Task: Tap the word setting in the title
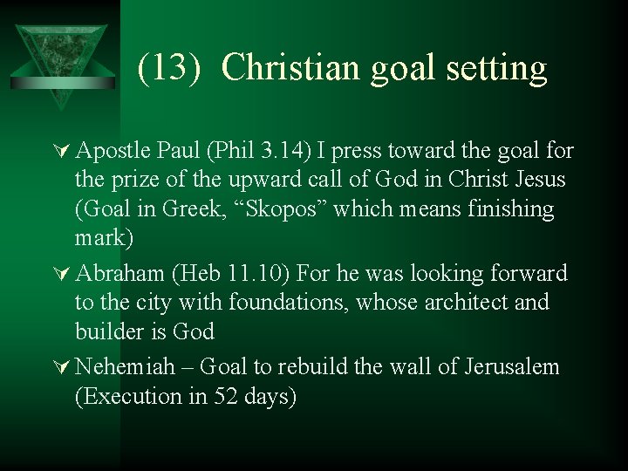[x=499, y=68]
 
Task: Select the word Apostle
[x=111, y=151]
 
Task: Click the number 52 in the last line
[x=230, y=396]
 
